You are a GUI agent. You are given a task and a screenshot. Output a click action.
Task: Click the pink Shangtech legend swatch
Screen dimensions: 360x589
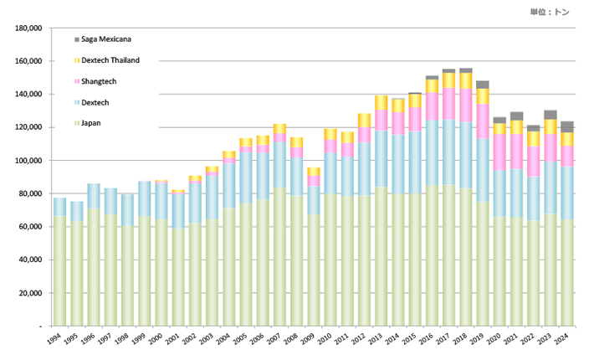coord(78,81)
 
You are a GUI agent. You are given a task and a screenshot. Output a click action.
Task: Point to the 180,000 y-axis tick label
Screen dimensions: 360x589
coord(28,28)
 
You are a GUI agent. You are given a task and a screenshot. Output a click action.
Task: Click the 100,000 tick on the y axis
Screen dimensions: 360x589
coord(28,161)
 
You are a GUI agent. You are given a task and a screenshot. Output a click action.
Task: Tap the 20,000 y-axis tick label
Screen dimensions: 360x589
coord(30,293)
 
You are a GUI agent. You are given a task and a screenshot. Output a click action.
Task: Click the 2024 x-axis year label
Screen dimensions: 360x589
coord(566,339)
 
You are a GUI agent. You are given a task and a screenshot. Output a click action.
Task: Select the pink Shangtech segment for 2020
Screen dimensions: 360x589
coord(499,152)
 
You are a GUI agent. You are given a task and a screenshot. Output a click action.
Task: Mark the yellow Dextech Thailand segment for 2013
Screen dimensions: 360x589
coord(381,103)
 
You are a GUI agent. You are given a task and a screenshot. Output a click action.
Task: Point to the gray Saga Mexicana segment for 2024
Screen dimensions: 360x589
coord(567,126)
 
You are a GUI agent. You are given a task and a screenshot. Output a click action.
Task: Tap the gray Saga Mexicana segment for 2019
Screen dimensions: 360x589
coord(483,85)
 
